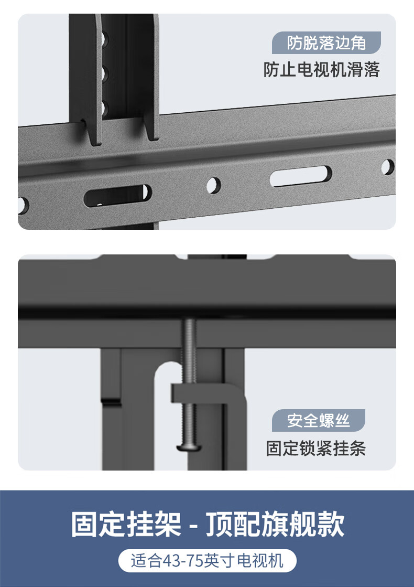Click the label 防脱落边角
326,42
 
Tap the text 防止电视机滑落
322,70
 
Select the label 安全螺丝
318,420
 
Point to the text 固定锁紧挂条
315,448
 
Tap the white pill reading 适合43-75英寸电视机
207,561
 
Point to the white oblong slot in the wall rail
301,176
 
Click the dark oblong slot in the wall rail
117,195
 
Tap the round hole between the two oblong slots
213,185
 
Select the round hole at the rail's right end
387,167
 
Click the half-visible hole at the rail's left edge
23,206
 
